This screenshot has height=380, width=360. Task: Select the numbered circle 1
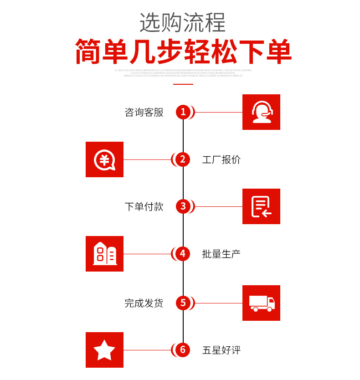coord(183,112)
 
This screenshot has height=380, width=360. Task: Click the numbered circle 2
coord(183,159)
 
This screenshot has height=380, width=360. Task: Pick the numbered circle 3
coord(183,206)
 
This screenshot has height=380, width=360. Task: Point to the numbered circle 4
coord(183,254)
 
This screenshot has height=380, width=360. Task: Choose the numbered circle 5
coord(183,303)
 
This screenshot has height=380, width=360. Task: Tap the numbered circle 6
coord(183,350)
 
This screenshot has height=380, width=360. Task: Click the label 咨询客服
coord(144,113)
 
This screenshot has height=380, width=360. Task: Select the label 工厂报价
coord(221,160)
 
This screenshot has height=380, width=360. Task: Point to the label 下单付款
coord(144,207)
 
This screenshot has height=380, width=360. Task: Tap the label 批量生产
coord(221,254)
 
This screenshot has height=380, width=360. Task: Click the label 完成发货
coord(144,303)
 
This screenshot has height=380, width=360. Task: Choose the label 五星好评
coord(221,350)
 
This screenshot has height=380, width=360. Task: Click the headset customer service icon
coord(261,112)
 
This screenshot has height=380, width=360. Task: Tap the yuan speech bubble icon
coord(104,159)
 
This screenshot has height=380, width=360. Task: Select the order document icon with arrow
coord(261,206)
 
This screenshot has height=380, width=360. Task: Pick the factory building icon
coord(104,254)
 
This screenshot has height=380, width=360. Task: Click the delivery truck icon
coord(261,303)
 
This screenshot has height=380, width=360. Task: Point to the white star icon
coord(104,350)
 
